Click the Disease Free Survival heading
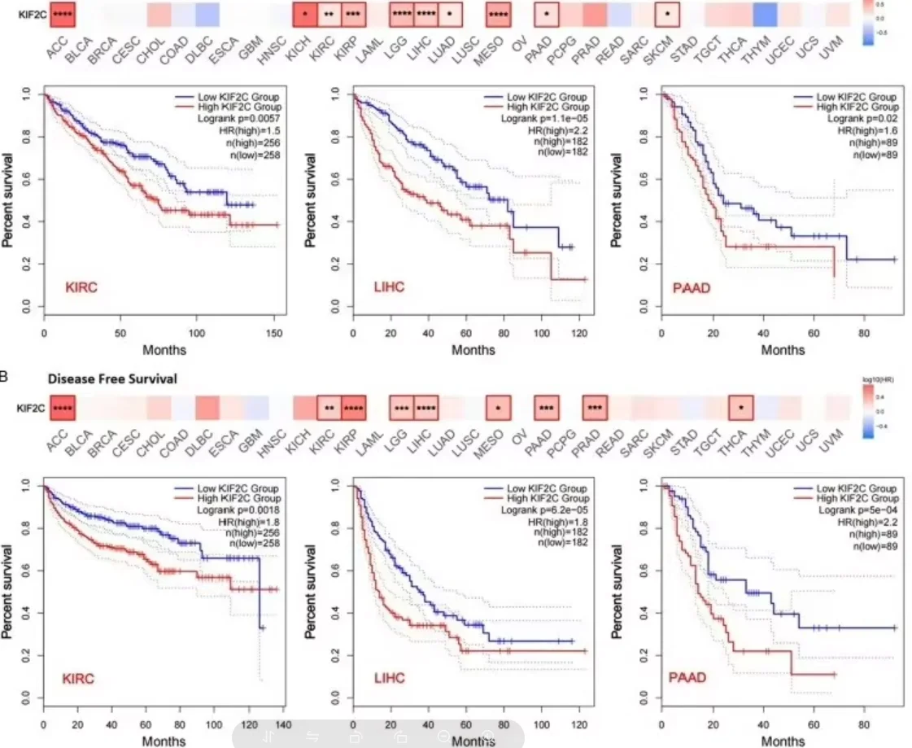112,378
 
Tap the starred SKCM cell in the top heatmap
667,14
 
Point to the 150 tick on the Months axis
277,335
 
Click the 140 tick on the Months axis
282,723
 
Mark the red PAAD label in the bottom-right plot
687,677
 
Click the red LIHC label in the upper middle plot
389,287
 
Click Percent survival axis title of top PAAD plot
616,201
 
